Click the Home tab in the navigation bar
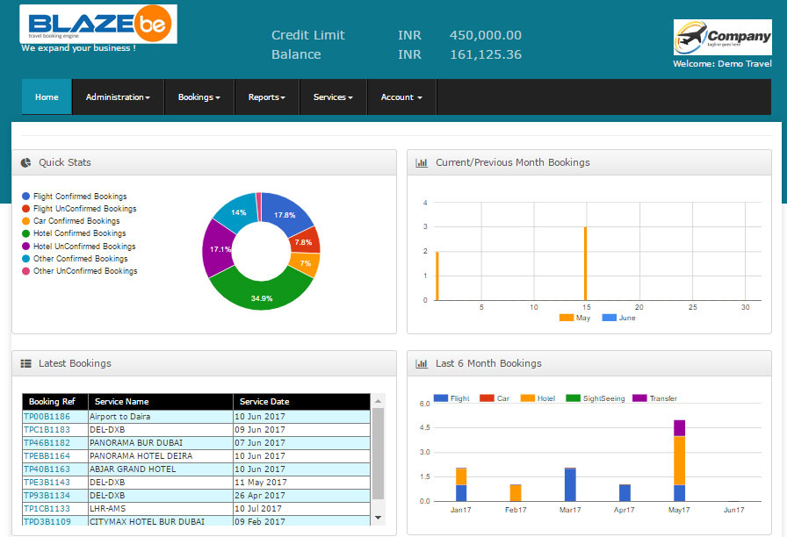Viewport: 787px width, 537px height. point(47,97)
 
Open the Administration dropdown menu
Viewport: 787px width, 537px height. point(118,97)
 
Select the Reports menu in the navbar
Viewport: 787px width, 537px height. point(266,97)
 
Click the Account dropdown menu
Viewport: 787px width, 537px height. point(401,97)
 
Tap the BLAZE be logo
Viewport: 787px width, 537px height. point(98,25)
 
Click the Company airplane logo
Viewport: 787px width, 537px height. point(722,38)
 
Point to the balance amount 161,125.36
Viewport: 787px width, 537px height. point(485,54)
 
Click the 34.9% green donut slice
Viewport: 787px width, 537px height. point(261,290)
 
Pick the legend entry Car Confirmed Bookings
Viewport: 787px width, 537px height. point(78,221)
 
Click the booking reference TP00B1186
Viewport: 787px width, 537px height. point(47,417)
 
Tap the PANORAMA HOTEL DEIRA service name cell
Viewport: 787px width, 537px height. point(141,456)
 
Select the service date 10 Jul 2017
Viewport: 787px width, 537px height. point(258,508)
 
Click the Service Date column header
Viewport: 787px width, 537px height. point(264,402)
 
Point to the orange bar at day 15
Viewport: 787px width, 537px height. point(585,263)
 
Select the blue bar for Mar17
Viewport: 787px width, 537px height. point(570,484)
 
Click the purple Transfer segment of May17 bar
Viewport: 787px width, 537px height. point(679,427)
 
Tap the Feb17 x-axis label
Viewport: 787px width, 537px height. point(516,510)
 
